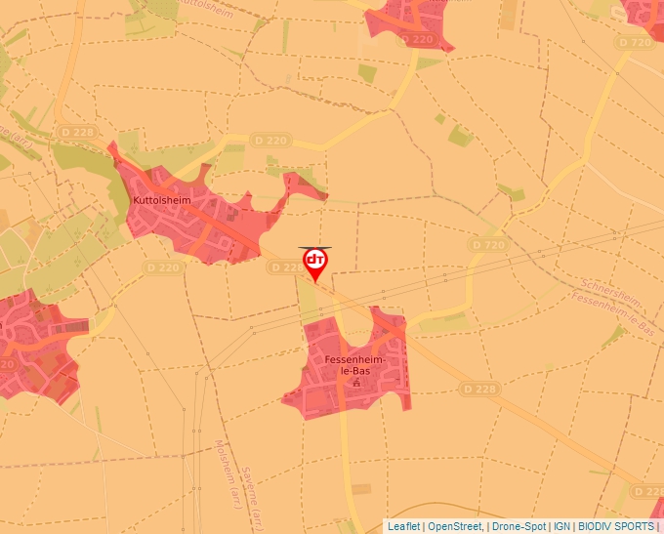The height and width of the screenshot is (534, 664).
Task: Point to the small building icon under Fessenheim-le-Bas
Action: (355, 383)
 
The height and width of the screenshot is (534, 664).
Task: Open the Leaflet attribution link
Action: (403, 526)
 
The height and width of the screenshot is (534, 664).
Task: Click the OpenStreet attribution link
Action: (454, 526)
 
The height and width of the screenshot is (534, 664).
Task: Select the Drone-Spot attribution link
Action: (519, 526)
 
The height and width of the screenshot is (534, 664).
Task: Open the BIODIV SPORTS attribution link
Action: (615, 526)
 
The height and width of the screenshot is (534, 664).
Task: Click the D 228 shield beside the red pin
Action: (286, 267)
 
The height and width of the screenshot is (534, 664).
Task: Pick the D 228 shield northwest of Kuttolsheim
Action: (77, 132)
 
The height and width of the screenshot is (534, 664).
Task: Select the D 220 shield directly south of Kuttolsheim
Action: (163, 267)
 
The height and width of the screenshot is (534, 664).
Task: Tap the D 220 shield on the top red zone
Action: (417, 39)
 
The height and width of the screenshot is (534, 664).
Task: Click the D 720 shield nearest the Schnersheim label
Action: (486, 244)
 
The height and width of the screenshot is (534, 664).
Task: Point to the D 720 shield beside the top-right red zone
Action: (635, 43)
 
